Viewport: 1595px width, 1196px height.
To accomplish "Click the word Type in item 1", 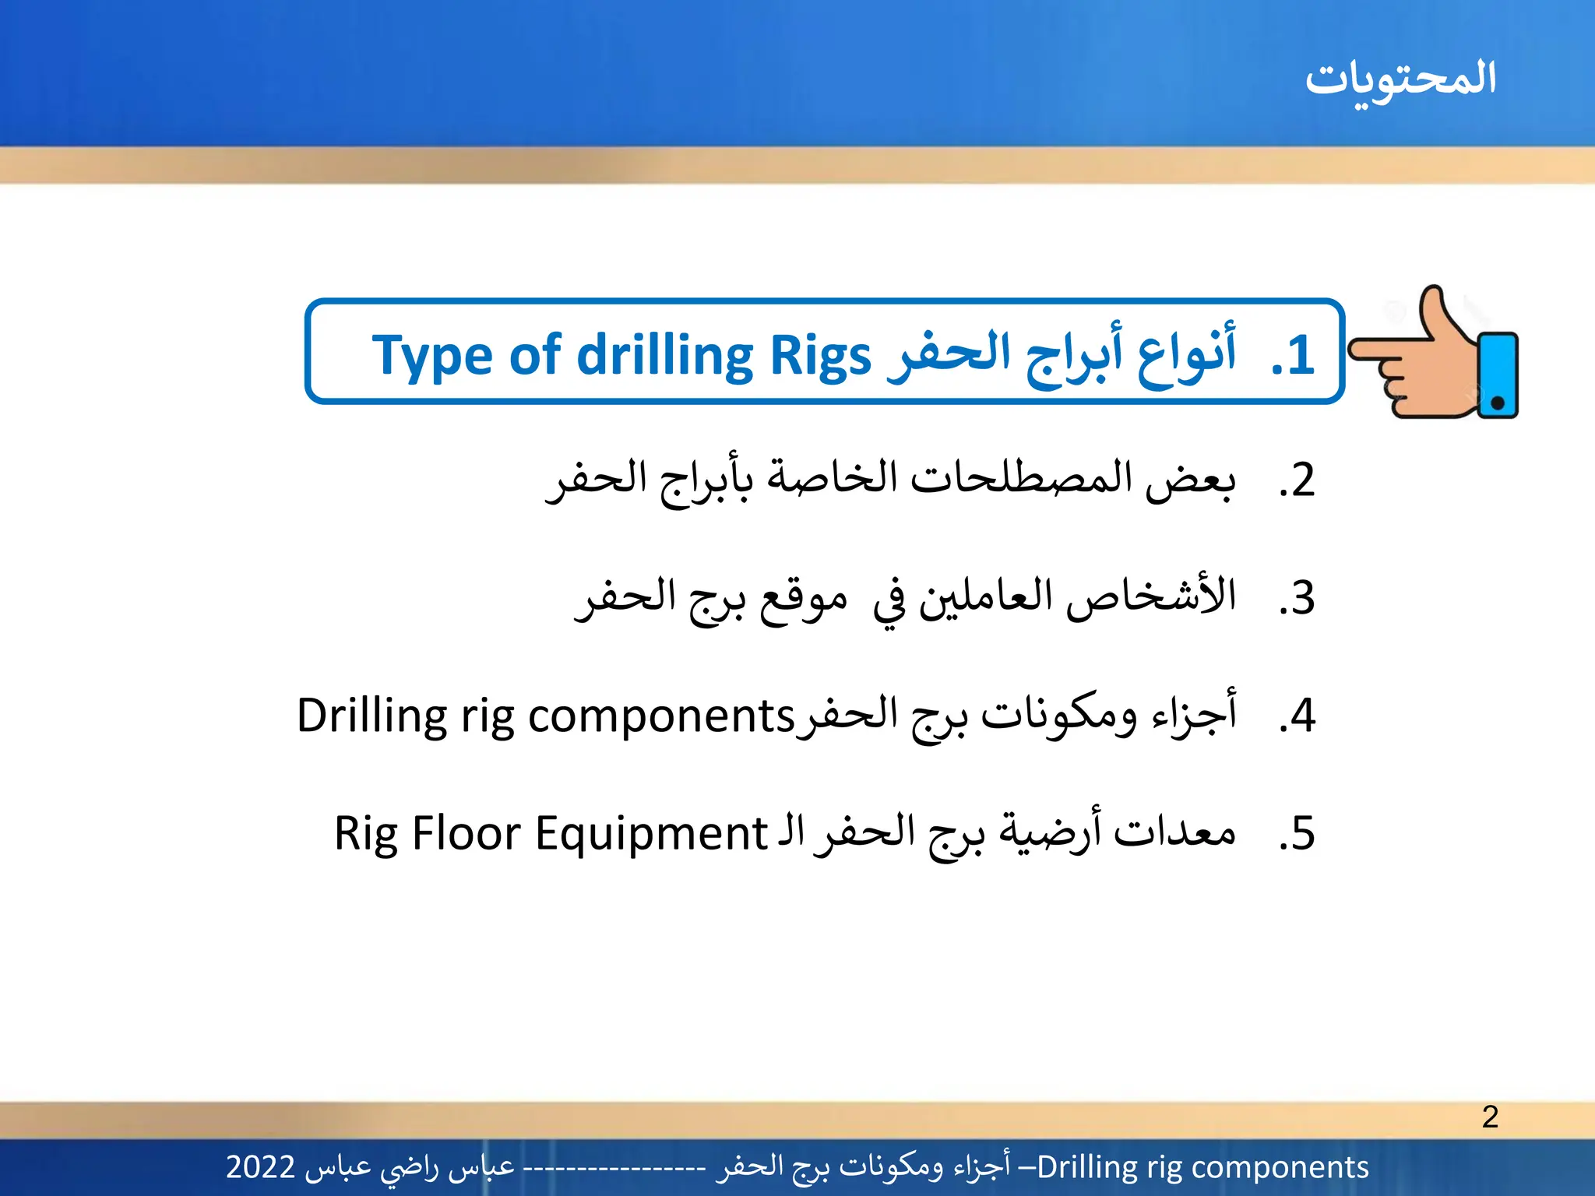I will (x=432, y=357).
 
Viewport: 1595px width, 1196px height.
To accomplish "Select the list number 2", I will (x=1297, y=480).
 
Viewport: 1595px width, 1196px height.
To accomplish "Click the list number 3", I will (x=1297, y=598).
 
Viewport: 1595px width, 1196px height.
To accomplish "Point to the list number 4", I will (x=1297, y=716).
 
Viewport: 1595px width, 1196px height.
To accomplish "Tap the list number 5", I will (x=1297, y=834).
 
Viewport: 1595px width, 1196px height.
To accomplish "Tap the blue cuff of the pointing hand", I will (x=1498, y=375).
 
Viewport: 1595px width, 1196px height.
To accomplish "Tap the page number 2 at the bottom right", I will (x=1490, y=1117).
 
